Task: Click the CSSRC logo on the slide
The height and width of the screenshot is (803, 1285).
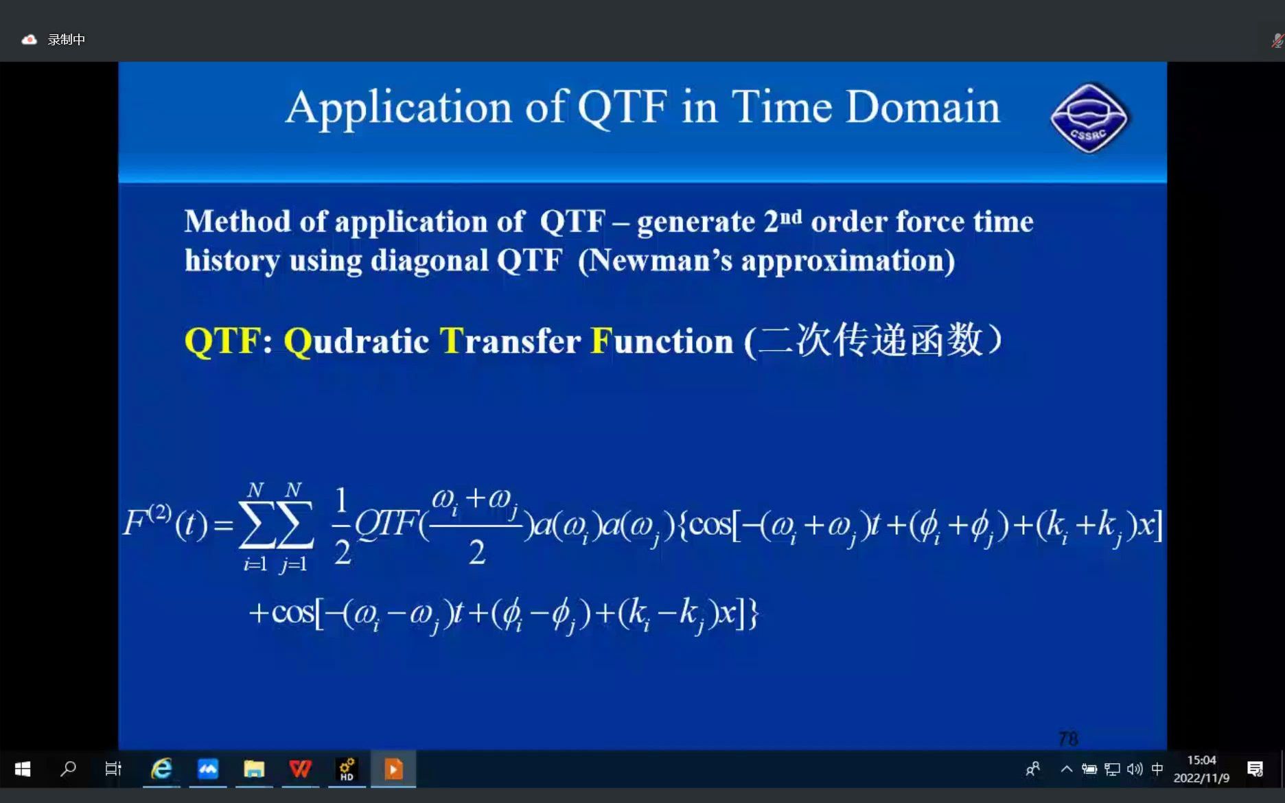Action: tap(1089, 119)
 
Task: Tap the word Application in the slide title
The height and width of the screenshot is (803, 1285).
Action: tap(398, 108)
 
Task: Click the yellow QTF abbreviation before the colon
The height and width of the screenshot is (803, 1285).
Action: tap(222, 340)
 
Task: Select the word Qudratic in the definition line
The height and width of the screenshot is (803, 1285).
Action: tap(356, 341)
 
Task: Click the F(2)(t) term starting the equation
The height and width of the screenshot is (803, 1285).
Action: tap(165, 523)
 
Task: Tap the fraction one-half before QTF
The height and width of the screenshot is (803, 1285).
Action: tap(341, 525)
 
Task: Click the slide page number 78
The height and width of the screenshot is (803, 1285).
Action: tap(1068, 738)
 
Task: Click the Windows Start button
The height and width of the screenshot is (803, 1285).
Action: tap(23, 769)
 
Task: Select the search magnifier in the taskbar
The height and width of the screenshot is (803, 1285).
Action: tap(68, 769)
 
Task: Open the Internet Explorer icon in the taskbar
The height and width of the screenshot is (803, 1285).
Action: tap(161, 769)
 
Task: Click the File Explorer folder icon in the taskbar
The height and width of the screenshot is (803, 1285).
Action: tap(254, 769)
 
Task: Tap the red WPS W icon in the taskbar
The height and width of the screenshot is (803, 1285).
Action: tap(300, 769)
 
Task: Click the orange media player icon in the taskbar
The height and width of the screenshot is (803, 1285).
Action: tap(393, 769)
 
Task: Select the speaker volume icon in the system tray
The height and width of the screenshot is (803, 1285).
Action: tap(1135, 769)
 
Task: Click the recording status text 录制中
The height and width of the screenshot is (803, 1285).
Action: tap(67, 40)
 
